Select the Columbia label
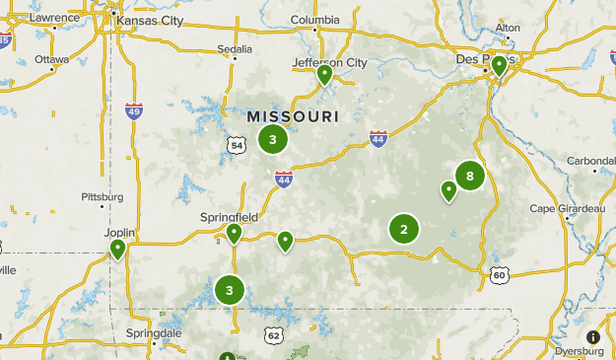tap(315, 19)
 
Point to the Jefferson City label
tap(330, 63)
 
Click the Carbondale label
tap(591, 161)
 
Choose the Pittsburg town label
tap(103, 196)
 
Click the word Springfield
tap(229, 216)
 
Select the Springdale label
tap(154, 333)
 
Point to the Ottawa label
tap(51, 58)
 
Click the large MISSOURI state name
tap(292, 116)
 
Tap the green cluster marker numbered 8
tap(470, 177)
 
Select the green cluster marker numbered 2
tap(403, 229)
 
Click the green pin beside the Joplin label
tap(118, 249)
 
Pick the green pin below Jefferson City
tap(324, 75)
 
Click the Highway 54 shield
tap(236, 145)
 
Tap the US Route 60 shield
tap(501, 274)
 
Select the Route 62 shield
tap(273, 336)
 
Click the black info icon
tap(593, 337)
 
